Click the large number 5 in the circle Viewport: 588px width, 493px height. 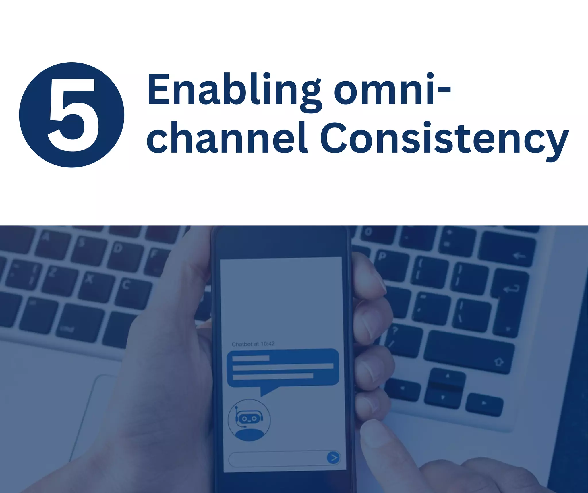(72, 115)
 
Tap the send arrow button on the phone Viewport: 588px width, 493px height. (333, 457)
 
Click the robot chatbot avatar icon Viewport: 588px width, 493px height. (249, 420)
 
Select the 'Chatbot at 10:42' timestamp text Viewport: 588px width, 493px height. (253, 344)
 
